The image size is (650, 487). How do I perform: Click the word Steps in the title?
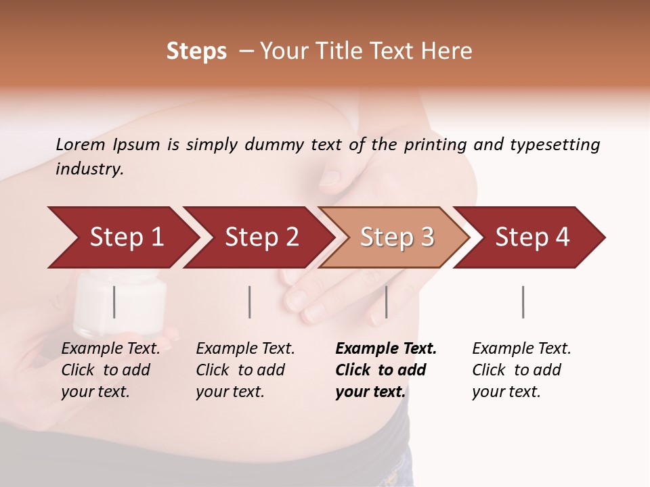tap(196, 51)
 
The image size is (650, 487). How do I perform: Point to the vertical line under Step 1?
tap(114, 302)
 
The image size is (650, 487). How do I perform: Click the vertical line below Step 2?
tap(250, 302)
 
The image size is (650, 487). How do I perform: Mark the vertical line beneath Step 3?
tap(386, 302)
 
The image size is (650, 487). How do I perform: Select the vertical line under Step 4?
tap(523, 302)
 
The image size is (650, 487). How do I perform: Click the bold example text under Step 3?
tap(386, 370)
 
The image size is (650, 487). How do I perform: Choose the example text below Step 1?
tap(110, 370)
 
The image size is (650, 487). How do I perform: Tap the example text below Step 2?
tap(245, 370)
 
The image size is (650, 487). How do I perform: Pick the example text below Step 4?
tap(521, 370)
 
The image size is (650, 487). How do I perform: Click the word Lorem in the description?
tap(81, 144)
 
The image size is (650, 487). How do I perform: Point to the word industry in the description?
tap(89, 169)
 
